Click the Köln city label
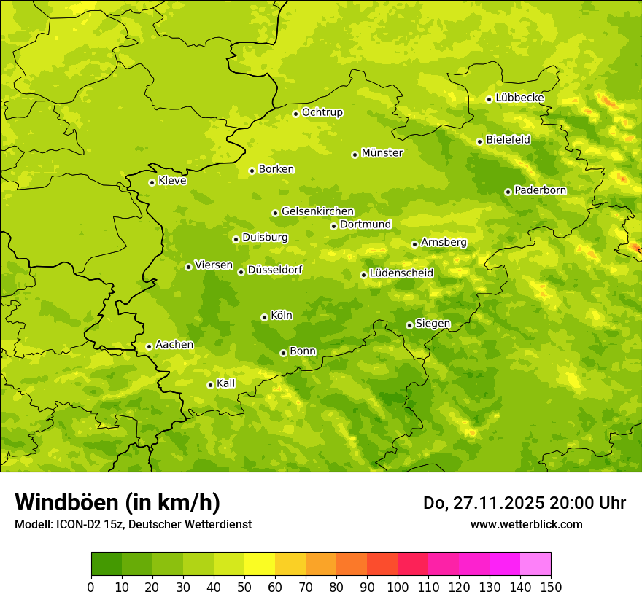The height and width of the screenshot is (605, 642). click(282, 316)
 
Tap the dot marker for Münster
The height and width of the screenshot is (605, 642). click(355, 155)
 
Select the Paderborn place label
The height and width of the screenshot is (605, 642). click(540, 190)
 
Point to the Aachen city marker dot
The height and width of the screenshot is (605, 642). click(149, 346)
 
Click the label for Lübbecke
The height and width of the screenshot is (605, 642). click(519, 98)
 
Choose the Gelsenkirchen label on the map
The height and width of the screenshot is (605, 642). click(317, 211)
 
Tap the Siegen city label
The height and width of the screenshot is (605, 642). click(433, 324)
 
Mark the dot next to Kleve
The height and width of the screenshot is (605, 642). click(152, 182)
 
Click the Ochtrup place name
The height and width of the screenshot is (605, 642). click(322, 112)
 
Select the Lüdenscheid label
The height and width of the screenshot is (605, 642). click(401, 273)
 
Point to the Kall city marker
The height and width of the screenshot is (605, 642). click(210, 385)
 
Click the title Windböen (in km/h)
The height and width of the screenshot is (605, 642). click(117, 502)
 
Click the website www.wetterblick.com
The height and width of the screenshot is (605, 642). click(526, 525)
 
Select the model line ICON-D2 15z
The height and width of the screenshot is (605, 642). click(133, 525)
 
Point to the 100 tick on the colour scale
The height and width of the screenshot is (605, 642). click(398, 588)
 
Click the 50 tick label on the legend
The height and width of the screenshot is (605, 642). click(244, 588)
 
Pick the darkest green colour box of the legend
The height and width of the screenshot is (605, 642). click(107, 564)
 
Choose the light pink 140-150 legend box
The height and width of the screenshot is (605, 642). click(535, 564)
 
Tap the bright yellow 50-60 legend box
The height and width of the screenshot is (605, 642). click(260, 564)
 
